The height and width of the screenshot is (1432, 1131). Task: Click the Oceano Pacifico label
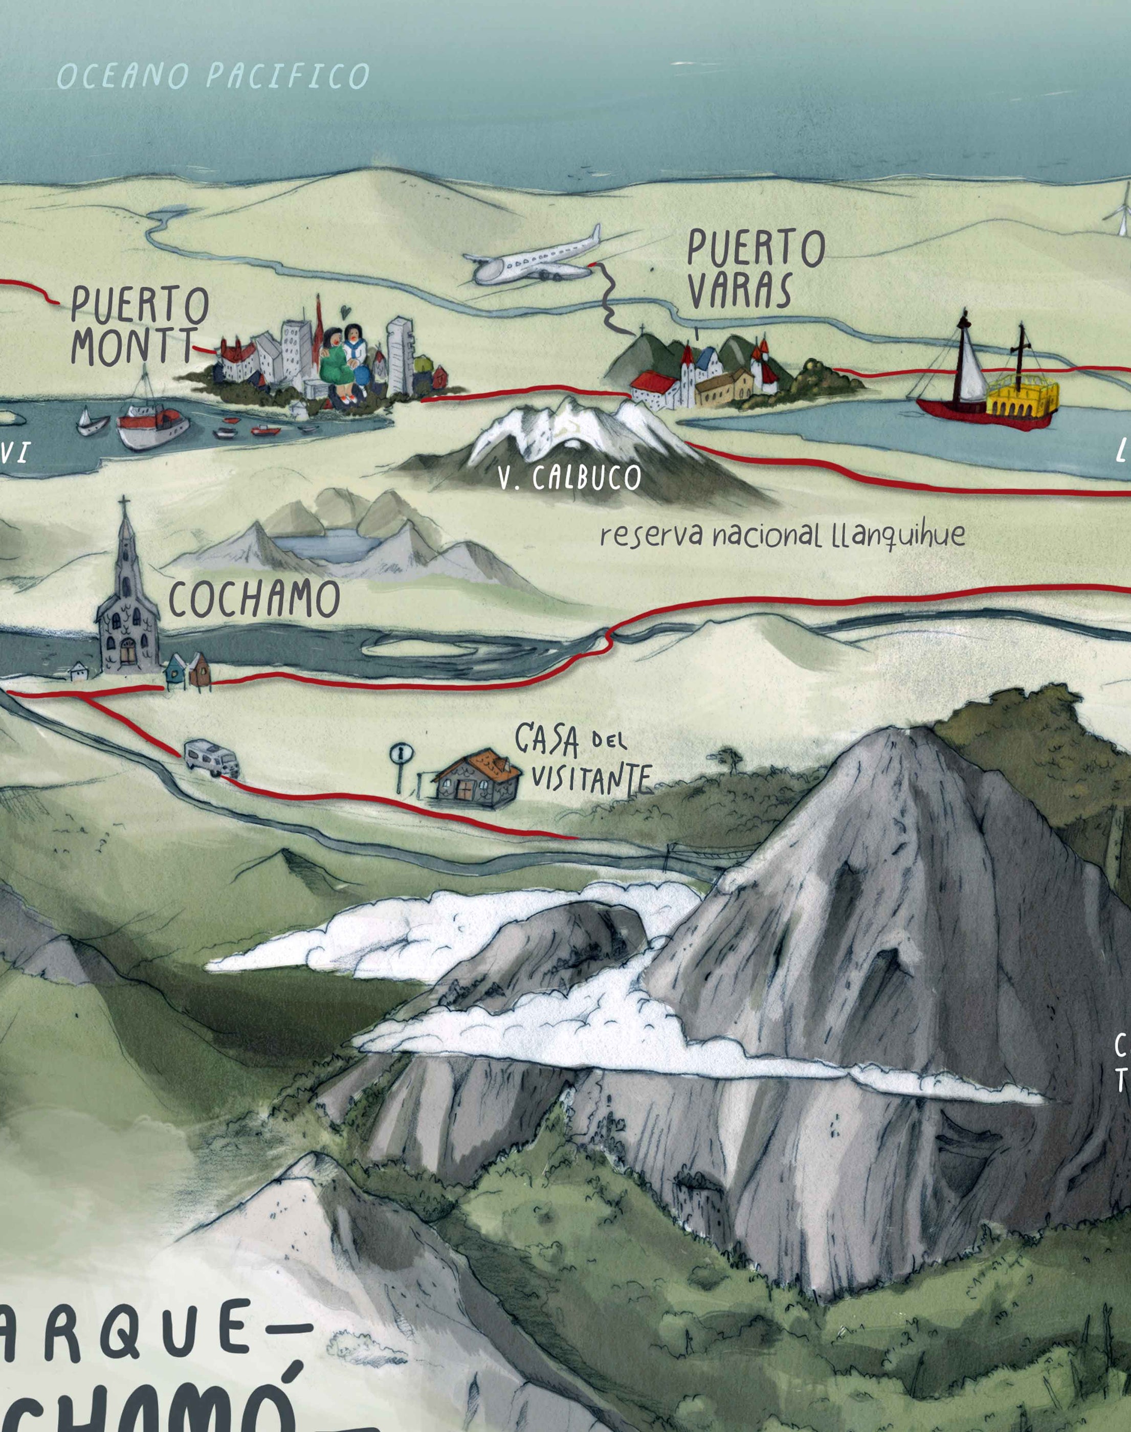coord(213,76)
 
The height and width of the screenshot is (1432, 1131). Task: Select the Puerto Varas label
coord(755,268)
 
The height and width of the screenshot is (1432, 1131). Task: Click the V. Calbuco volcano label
coord(569,479)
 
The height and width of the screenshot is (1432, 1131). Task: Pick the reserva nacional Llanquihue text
coord(782,535)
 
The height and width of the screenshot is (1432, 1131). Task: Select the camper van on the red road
coord(211,757)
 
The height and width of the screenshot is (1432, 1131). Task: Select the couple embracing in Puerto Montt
coord(344,361)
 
